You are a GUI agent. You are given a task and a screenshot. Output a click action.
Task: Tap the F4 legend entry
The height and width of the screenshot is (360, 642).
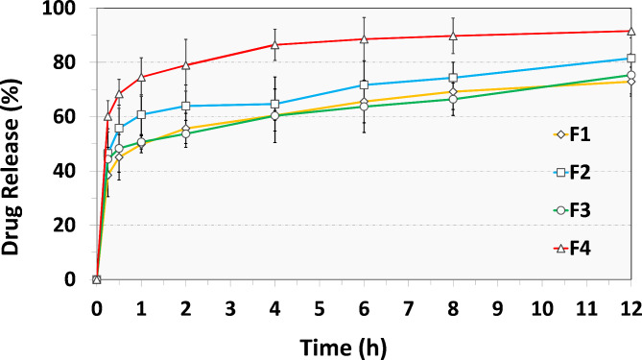568,248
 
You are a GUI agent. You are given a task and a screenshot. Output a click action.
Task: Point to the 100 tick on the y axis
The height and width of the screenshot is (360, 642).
68,9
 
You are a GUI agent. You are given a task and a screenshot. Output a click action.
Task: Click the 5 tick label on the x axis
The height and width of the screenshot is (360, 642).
320,306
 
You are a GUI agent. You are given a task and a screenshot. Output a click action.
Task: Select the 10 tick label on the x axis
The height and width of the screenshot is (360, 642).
542,306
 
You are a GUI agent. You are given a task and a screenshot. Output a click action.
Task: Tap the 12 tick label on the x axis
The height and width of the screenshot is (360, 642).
630,306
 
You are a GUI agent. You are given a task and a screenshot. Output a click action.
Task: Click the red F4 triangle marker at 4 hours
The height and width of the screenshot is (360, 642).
275,45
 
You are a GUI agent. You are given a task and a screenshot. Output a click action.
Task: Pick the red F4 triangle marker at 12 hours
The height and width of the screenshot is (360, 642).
630,31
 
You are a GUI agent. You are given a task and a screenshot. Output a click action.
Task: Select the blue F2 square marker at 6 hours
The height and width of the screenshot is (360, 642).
364,85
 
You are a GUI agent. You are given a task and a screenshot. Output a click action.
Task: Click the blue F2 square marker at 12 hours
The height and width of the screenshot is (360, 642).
630,59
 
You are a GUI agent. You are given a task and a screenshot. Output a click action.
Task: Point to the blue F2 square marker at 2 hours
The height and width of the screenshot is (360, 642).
186,106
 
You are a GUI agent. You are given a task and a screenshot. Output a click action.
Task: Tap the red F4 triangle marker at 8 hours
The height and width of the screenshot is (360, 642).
453,36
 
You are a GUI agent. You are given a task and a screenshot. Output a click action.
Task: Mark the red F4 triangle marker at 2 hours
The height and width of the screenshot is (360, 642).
186,65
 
